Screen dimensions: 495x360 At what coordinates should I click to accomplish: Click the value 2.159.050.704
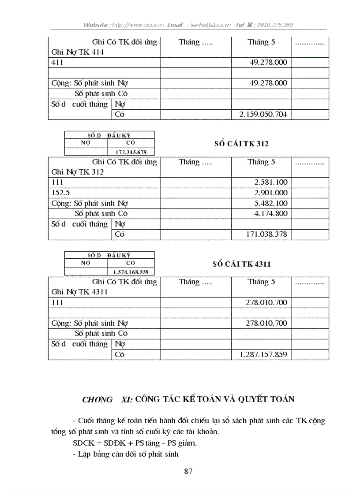(263, 115)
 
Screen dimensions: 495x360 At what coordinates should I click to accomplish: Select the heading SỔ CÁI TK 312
(241, 144)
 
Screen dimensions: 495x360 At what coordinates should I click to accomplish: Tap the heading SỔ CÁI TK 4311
(241, 264)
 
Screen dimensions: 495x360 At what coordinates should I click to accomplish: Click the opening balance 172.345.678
(130, 152)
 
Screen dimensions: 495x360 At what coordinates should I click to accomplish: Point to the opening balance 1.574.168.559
(130, 272)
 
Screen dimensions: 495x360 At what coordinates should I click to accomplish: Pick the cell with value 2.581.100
(270, 182)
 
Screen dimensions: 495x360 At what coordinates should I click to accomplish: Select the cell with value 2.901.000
(270, 193)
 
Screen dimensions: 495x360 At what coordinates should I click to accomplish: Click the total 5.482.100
(270, 203)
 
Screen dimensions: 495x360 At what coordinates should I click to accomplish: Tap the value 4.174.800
(270, 214)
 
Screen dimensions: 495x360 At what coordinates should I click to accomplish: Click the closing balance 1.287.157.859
(263, 354)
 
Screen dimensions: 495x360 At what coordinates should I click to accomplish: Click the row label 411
(57, 62)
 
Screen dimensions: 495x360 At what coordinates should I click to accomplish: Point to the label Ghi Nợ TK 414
(78, 52)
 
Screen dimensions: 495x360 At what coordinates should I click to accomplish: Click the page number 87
(188, 471)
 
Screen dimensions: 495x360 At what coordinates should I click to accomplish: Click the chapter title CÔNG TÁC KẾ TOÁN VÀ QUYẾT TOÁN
(214, 399)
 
